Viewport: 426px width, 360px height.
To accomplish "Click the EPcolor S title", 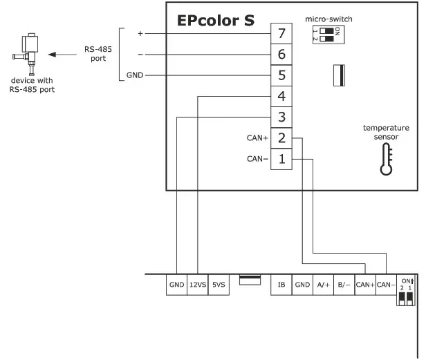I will point(215,21).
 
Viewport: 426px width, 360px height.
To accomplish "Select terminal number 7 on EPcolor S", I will point(281,33).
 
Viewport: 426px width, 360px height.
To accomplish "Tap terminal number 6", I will point(281,55).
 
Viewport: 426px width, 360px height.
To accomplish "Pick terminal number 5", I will point(281,75).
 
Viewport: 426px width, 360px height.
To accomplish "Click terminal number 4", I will point(281,96).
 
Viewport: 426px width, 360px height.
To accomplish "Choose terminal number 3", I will point(281,117).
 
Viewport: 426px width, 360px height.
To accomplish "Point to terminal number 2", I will point(281,138).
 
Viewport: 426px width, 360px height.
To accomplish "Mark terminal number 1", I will point(281,159).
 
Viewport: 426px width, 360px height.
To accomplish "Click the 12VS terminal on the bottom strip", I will point(198,284).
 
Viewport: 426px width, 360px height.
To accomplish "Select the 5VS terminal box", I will point(219,284).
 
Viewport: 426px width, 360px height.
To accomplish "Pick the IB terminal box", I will point(281,284).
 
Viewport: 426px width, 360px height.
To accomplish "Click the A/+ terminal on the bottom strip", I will point(323,284).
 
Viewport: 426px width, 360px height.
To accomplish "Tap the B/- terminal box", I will point(344,284).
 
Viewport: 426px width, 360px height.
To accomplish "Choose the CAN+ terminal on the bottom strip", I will point(364,284).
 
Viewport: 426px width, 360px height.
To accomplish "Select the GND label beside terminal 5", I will point(135,75).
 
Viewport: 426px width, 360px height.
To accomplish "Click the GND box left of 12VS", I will point(176,284).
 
